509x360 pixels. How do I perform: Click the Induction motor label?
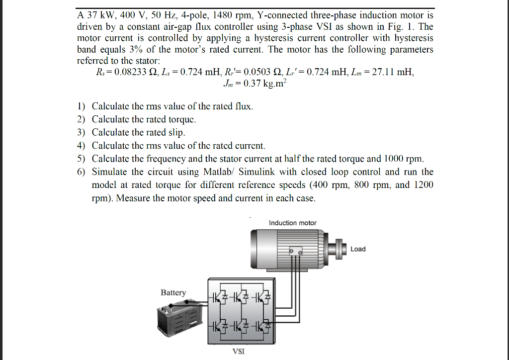pyautogui.click(x=292, y=223)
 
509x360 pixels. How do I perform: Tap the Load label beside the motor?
pyautogui.click(x=358, y=249)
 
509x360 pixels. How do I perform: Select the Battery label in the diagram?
pyautogui.click(x=173, y=292)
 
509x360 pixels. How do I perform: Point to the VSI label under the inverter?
pyautogui.click(x=239, y=352)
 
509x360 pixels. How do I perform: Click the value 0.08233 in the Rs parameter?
pyautogui.click(x=131, y=72)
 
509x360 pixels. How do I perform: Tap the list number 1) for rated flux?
pyautogui.click(x=81, y=106)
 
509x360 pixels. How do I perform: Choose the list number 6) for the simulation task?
pyautogui.click(x=81, y=172)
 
